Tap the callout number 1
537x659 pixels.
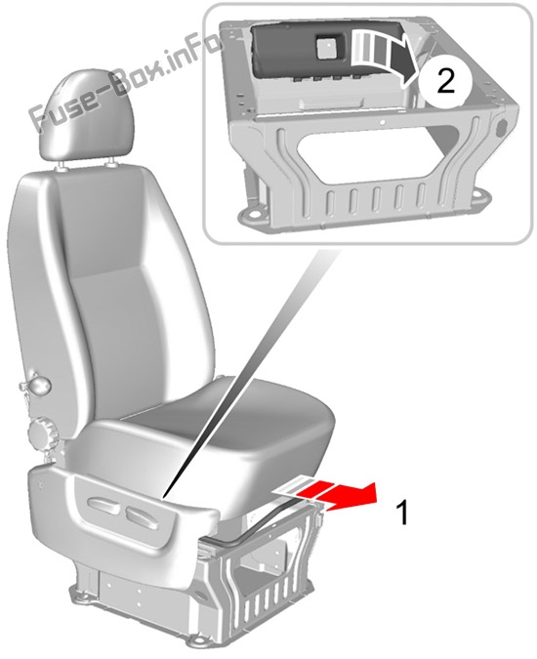pos(402,513)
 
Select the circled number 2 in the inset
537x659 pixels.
pos(445,81)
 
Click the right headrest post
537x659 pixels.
pos(111,163)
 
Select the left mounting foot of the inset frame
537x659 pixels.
pos(254,216)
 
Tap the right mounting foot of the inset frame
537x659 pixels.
pos(478,196)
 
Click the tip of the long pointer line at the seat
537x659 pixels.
pos(164,498)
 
